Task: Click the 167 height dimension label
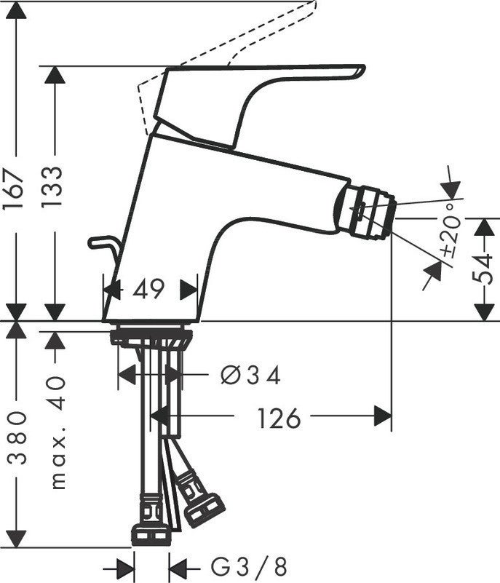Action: pos(13,189)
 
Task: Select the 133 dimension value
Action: pos(52,187)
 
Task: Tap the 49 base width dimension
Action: pos(148,289)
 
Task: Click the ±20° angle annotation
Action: pos(451,231)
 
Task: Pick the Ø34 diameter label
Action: pos(250,375)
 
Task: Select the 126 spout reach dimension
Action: pos(279,419)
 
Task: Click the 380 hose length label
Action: pos(17,438)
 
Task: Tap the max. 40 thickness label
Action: pos(57,433)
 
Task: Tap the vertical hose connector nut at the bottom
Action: pos(151,534)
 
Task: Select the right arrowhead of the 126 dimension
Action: pos(383,416)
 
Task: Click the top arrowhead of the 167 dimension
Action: pos(16,10)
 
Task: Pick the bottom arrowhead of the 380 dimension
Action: pos(16,539)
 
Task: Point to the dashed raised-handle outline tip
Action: pos(314,4)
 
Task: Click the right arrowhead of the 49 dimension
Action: pos(189,289)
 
